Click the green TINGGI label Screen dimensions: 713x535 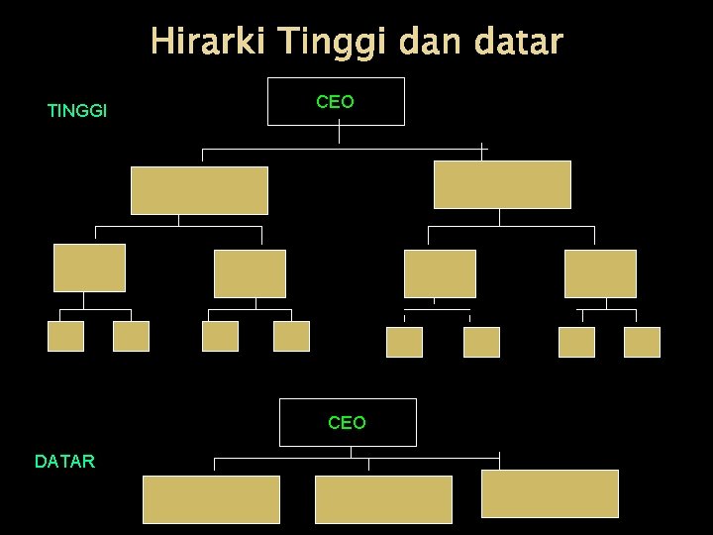77,111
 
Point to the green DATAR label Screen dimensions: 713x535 64,461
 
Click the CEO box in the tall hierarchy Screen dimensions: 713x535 337,102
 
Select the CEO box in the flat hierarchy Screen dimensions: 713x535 348,423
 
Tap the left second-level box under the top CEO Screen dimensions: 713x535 199,190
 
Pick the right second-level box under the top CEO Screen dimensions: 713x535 502,185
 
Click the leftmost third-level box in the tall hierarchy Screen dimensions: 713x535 89,267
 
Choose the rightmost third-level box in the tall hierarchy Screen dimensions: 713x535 600,273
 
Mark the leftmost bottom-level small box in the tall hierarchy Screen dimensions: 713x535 66,337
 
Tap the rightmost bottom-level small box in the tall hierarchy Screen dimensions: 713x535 642,342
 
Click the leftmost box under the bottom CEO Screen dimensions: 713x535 212,499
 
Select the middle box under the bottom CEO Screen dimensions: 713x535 383,499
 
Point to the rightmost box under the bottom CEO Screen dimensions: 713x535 550,493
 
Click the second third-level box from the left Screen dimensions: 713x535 250,273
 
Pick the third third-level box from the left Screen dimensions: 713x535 440,273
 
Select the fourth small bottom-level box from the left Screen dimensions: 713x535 291,337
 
